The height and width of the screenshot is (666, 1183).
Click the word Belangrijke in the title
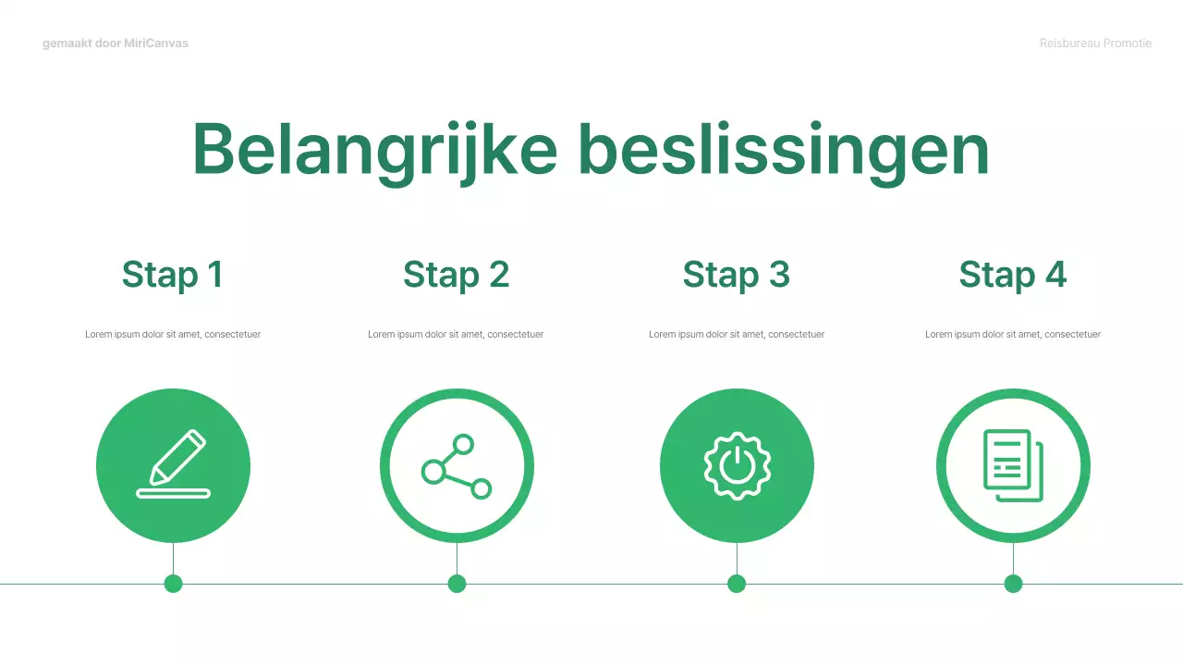click(x=374, y=150)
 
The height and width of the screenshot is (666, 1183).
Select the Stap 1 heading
click(x=173, y=275)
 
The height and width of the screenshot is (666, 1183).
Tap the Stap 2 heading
click(x=457, y=275)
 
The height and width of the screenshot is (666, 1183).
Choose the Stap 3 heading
click(x=737, y=275)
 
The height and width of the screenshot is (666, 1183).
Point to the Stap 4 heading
click(x=1013, y=275)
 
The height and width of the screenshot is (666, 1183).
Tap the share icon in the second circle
click(x=457, y=466)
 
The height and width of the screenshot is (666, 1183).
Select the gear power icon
click(x=737, y=466)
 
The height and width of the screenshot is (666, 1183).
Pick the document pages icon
click(x=1013, y=466)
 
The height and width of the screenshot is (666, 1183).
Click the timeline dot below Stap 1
click(x=173, y=584)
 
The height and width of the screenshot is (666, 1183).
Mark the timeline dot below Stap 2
click(x=457, y=584)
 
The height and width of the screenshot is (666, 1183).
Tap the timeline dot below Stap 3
click(x=737, y=584)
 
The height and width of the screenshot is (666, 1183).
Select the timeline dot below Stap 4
click(x=1013, y=584)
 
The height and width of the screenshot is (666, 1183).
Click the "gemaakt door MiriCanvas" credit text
click(x=116, y=43)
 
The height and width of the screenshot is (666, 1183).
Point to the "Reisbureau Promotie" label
click(x=1095, y=43)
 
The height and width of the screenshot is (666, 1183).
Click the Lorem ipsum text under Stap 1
click(x=173, y=334)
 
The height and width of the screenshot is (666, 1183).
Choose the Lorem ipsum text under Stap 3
click(x=737, y=334)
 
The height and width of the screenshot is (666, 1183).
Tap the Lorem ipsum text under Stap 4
click(x=1013, y=334)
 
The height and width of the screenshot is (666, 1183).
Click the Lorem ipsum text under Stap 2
click(x=456, y=334)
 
